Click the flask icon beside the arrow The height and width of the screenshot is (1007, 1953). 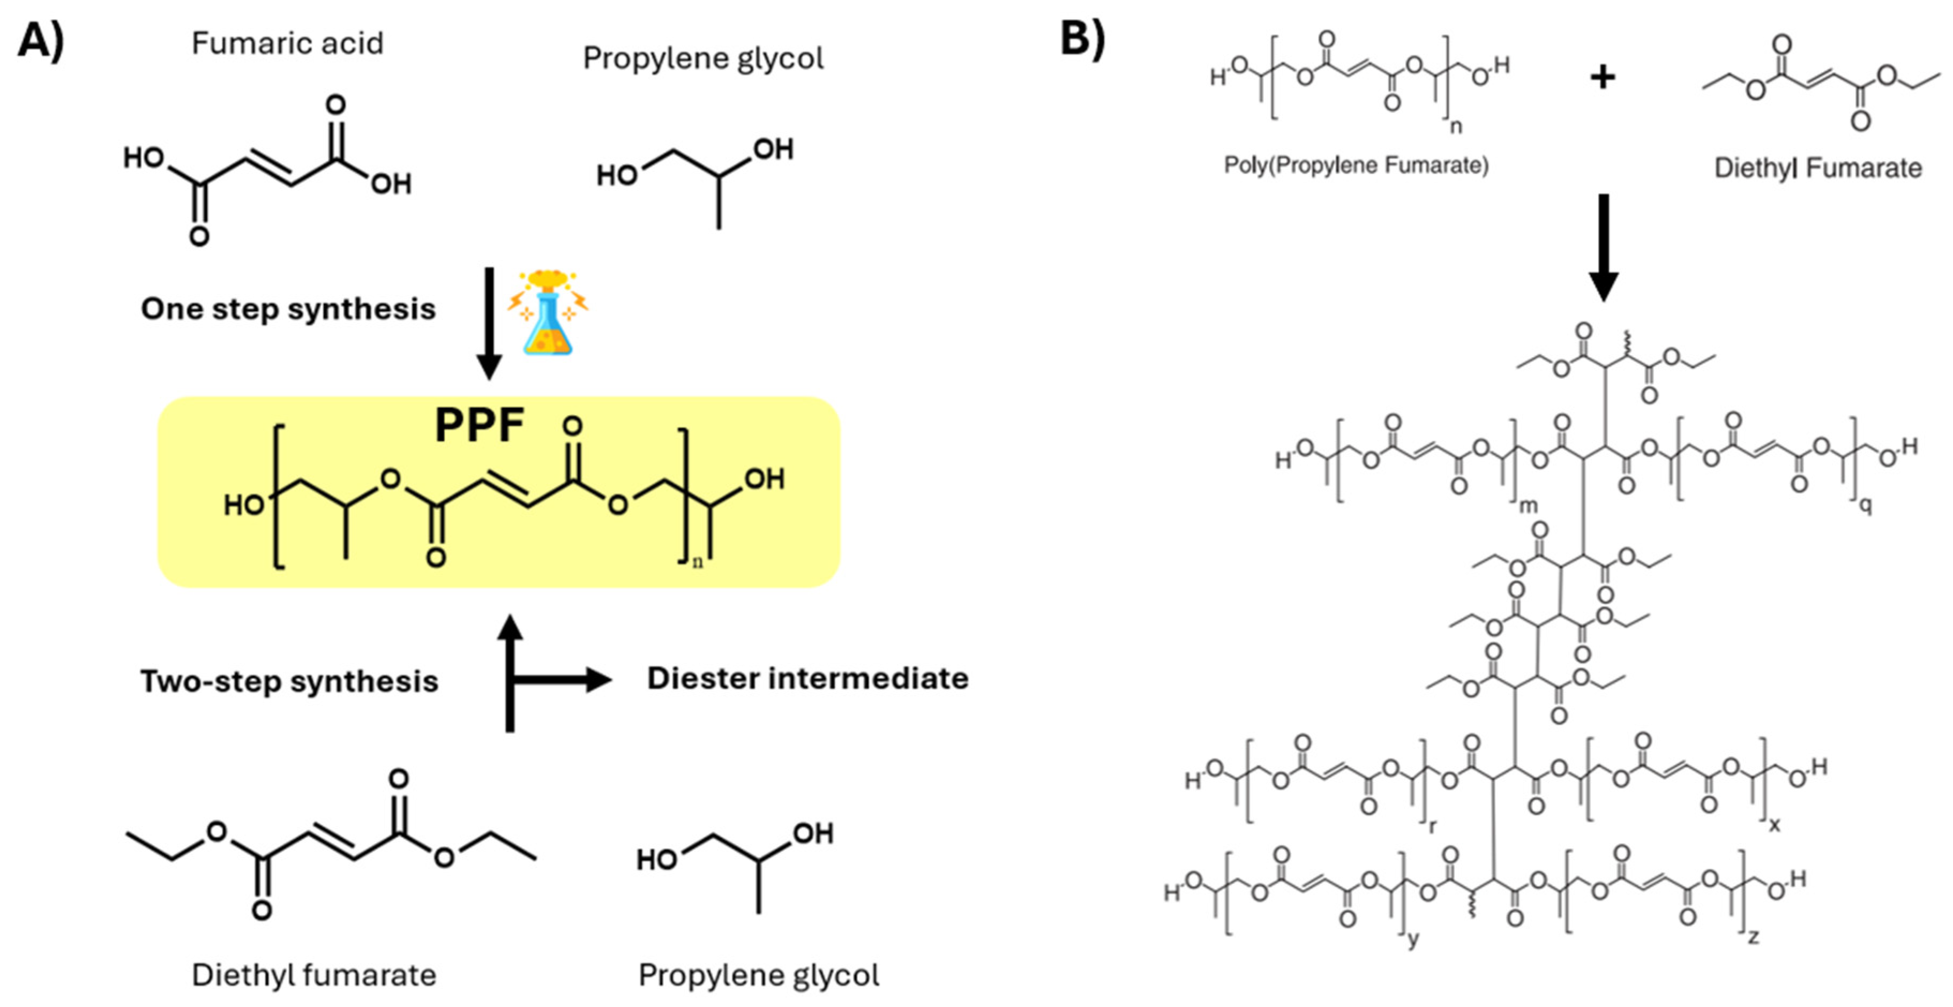[548, 312]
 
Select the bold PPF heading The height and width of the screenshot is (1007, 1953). [479, 425]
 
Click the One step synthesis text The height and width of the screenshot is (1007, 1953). [288, 309]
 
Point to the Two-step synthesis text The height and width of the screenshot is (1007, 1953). [289, 681]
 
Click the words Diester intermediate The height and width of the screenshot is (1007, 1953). [807, 678]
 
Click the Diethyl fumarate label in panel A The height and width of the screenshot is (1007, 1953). [314, 975]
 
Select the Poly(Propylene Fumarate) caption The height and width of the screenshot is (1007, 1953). [1356, 165]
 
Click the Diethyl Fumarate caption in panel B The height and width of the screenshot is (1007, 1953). [1817, 168]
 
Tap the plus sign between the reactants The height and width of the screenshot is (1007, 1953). [1602, 77]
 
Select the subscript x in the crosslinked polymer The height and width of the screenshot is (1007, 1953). [1774, 824]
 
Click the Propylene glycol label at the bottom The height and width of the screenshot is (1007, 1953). [758, 975]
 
